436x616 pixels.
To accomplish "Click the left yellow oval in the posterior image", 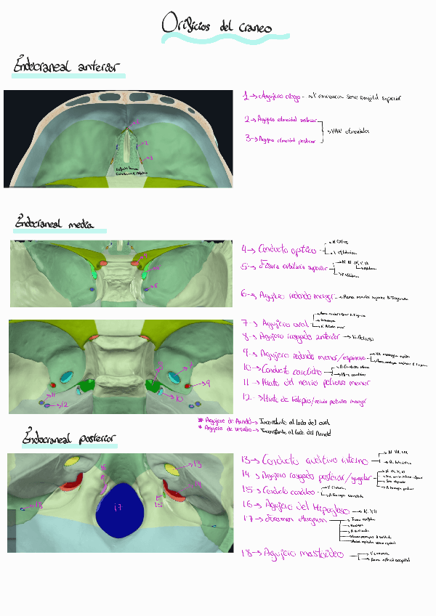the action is tap(72, 462).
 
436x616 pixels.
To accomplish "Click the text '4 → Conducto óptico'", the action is tap(280, 249).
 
